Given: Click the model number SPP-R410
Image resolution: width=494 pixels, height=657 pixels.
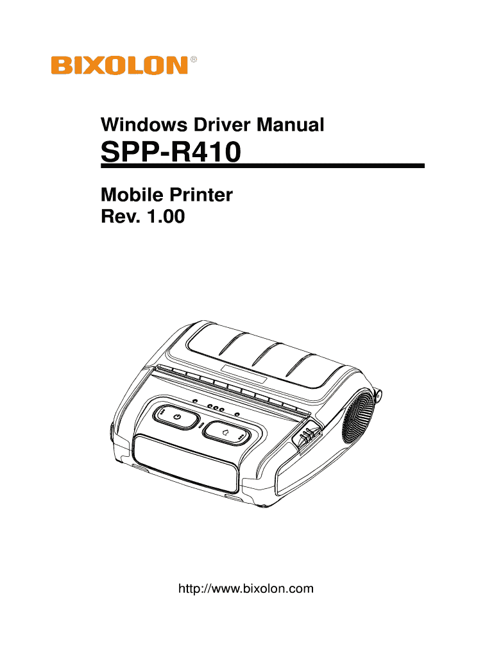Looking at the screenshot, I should coord(171,154).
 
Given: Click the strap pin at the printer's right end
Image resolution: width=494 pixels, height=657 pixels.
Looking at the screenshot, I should coord(380,396).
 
